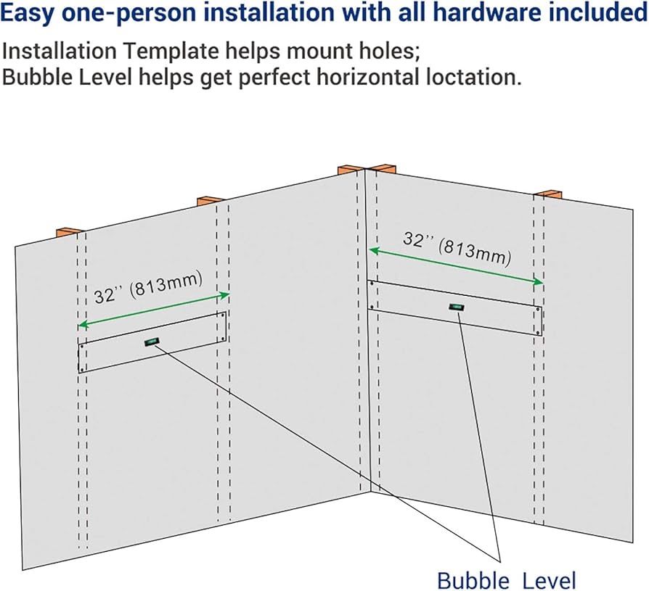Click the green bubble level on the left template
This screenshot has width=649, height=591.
tap(152, 342)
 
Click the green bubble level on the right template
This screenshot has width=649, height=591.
tap(456, 307)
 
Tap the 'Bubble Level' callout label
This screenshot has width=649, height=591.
tap(507, 580)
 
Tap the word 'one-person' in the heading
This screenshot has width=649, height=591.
tap(128, 13)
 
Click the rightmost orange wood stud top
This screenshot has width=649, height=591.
tap(549, 194)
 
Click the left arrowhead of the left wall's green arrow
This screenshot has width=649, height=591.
tap(83, 324)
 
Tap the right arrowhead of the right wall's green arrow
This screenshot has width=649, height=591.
tap(538, 281)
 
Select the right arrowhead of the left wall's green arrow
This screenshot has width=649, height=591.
tap(224, 295)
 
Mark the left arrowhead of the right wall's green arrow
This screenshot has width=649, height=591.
tap(374, 249)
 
